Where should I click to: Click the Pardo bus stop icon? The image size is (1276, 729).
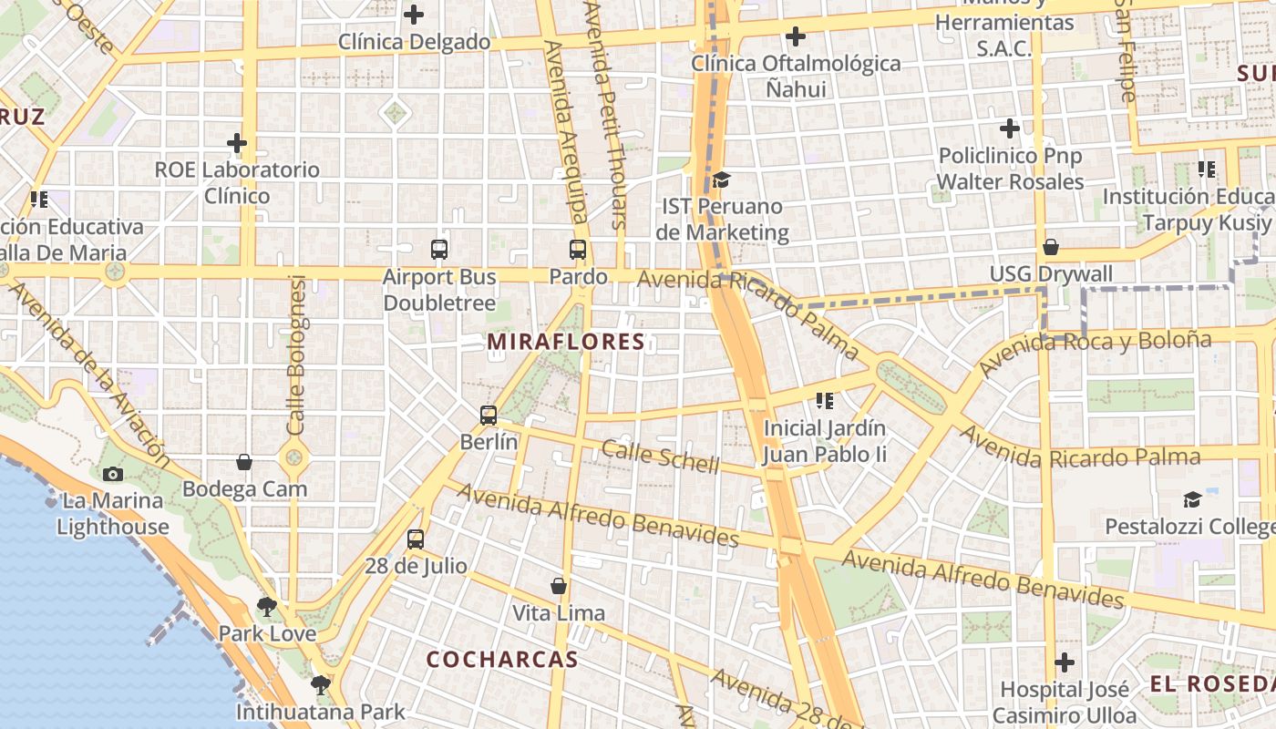(578, 249)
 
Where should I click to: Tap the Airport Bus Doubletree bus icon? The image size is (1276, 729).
(439, 249)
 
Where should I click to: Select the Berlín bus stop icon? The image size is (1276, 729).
(489, 416)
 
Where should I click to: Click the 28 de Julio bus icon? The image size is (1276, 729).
(416, 539)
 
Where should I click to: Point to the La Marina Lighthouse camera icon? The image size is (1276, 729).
(113, 474)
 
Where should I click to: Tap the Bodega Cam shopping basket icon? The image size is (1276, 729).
(244, 462)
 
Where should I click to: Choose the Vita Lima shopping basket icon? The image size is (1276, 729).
(559, 586)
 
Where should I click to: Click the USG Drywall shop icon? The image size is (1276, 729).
(1051, 247)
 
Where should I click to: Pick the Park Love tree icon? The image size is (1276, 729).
(267, 606)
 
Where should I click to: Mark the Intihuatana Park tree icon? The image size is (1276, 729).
(320, 684)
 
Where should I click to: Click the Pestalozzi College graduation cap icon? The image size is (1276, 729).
(1192, 499)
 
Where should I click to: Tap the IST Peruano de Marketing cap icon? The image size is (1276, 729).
(722, 180)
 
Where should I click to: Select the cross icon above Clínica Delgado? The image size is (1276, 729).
(414, 15)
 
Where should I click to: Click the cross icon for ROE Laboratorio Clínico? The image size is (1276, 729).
(237, 143)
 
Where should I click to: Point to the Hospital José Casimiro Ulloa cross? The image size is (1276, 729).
(1065, 662)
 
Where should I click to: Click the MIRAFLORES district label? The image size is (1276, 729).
(566, 342)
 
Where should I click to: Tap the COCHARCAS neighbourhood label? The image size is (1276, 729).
(502, 659)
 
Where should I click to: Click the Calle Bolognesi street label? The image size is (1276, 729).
(296, 355)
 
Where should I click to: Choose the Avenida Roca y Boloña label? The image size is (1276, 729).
(1096, 354)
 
